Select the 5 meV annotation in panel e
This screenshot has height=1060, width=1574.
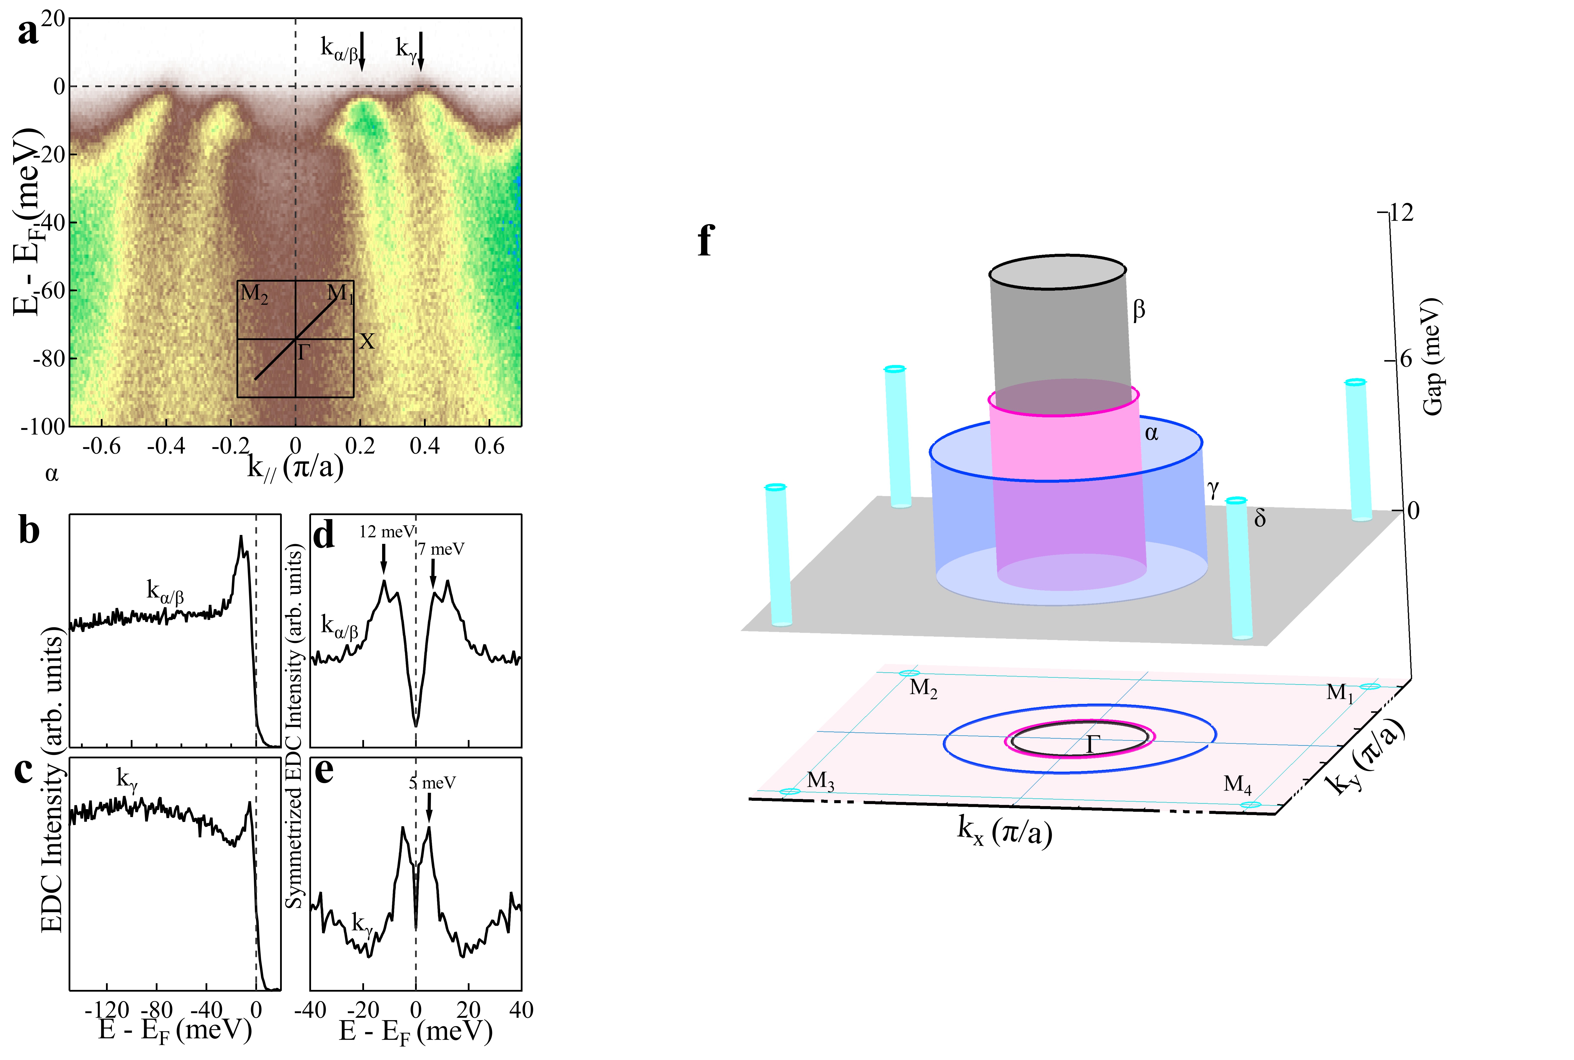(x=433, y=783)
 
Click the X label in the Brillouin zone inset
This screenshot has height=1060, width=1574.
(x=366, y=341)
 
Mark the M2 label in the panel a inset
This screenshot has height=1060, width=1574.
(x=254, y=294)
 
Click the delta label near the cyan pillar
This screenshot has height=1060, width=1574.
(x=1259, y=519)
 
